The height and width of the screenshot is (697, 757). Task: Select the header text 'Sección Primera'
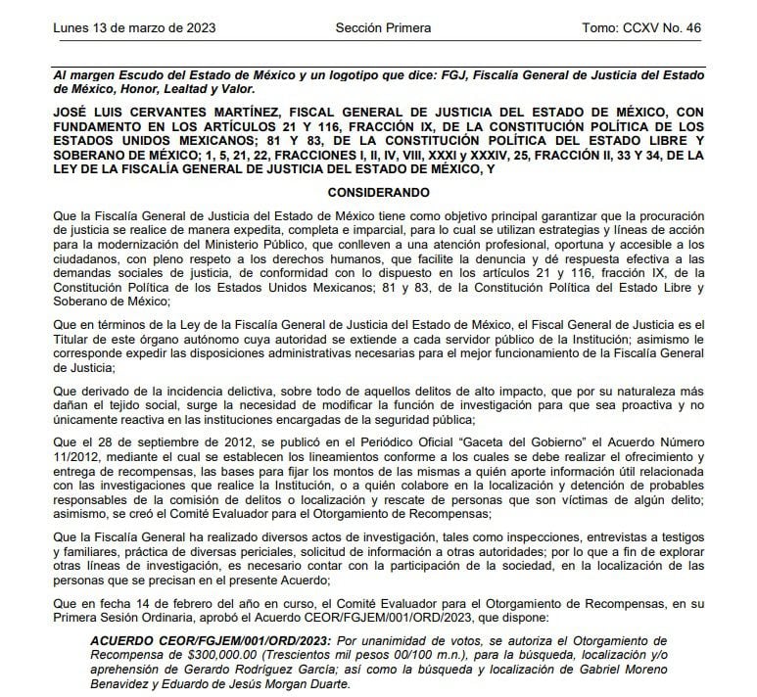click(383, 27)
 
